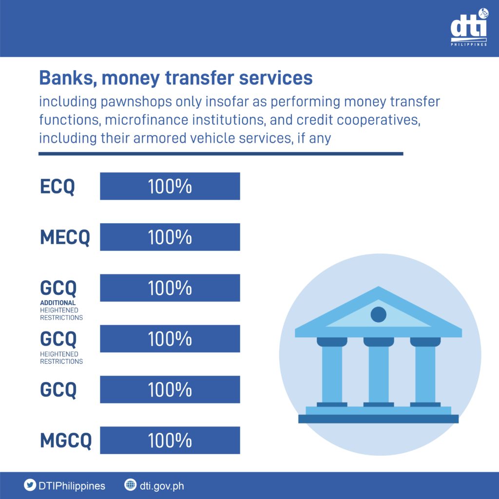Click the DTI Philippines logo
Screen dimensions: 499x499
469,27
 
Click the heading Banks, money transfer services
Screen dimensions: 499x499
175,78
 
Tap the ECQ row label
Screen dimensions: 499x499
58,187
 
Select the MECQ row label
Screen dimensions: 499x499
65,237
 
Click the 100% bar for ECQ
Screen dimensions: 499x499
170,186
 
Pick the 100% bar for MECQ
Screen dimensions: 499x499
170,237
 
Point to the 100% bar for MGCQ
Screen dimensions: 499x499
170,440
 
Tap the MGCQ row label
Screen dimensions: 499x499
66,441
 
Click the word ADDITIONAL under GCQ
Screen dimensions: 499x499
58,303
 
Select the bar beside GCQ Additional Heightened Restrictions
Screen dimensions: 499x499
170,288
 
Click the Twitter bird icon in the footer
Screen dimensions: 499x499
30,485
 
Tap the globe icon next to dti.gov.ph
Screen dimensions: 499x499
130,485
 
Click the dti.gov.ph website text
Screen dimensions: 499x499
162,486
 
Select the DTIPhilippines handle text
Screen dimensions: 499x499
72,486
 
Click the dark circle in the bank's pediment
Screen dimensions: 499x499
378,314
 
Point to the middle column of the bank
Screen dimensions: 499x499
378,372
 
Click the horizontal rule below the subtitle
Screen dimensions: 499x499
221,154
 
